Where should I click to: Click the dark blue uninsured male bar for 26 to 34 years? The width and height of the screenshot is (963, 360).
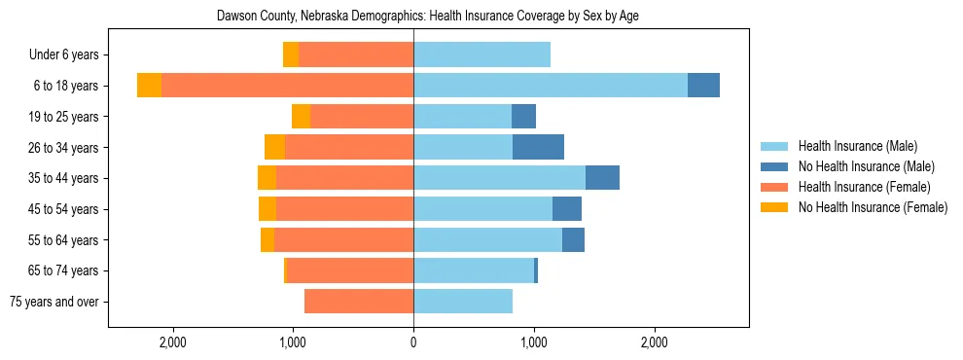click(x=538, y=147)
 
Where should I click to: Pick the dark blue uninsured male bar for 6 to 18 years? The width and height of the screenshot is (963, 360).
click(x=703, y=86)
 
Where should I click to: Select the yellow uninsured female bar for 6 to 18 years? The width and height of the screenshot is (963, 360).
click(x=149, y=86)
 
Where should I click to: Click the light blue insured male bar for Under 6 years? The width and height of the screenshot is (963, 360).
click(x=481, y=54)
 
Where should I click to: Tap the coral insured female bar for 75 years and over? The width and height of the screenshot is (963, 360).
click(x=359, y=302)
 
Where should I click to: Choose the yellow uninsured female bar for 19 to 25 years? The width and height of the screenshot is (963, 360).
click(x=301, y=117)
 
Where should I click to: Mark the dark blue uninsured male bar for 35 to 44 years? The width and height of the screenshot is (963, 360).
click(x=602, y=178)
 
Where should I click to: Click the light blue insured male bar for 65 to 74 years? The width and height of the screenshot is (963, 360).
click(x=474, y=270)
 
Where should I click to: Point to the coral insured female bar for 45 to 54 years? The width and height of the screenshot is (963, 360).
click(x=344, y=209)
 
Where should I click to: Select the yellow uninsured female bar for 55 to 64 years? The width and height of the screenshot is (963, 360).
click(x=267, y=240)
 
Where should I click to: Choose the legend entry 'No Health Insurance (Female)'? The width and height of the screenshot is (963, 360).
click(x=872, y=207)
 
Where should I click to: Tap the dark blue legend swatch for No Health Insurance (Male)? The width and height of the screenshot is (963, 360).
click(x=774, y=166)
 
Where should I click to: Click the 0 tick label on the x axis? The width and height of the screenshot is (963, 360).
click(x=413, y=342)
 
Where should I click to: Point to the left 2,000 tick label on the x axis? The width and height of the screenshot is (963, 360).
click(x=172, y=342)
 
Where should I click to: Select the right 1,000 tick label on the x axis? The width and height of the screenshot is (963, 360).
click(x=534, y=342)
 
